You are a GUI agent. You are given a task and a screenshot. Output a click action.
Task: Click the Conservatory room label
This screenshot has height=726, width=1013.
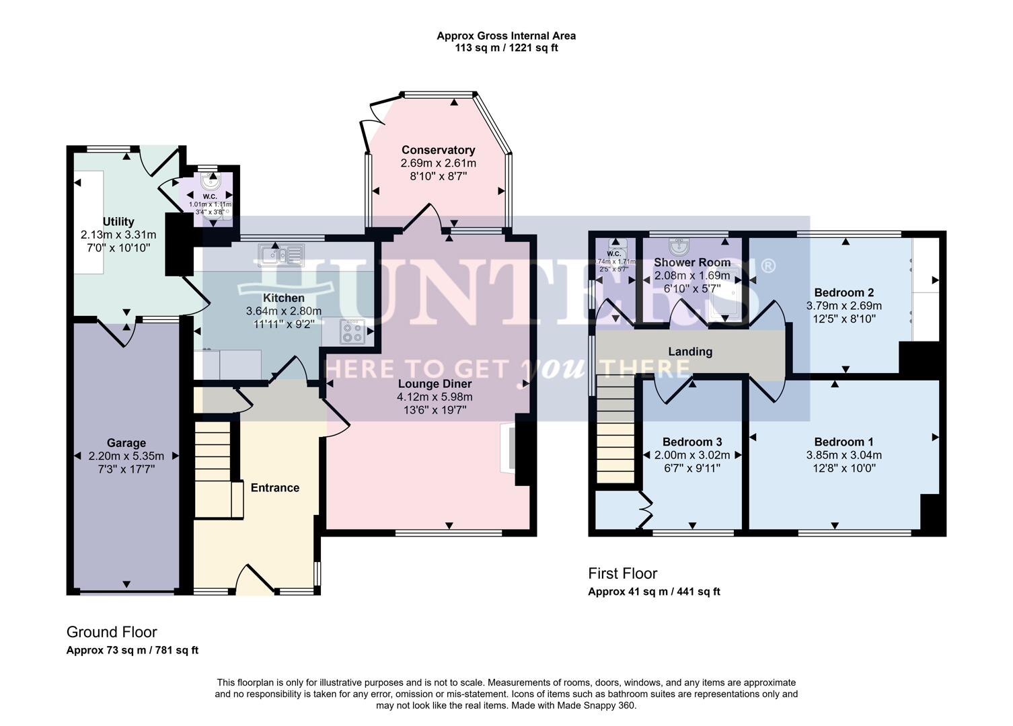pyautogui.click(x=438, y=150)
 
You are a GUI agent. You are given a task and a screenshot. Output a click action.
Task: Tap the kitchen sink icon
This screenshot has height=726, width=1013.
pyautogui.click(x=281, y=255)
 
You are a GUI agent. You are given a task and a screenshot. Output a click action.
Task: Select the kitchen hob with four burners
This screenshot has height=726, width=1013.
pyautogui.click(x=352, y=331)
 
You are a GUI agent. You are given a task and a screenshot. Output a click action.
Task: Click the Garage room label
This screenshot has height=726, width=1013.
pyautogui.click(x=126, y=443)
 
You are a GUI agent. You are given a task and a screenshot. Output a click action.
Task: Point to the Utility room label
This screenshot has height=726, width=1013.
pyautogui.click(x=118, y=222)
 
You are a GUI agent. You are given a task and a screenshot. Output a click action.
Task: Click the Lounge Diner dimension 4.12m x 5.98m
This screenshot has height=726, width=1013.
pyautogui.click(x=434, y=397)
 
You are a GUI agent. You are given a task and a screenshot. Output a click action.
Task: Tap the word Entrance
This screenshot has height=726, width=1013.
pyautogui.click(x=274, y=488)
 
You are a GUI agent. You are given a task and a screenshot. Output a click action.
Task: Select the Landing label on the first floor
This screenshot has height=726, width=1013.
pyautogui.click(x=690, y=352)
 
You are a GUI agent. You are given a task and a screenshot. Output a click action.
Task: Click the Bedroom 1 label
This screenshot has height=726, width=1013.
pyautogui.click(x=843, y=442)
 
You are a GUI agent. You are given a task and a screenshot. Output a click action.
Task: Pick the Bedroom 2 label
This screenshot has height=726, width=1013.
pyautogui.click(x=843, y=292)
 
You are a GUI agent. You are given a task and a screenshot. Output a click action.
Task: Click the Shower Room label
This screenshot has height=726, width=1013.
pyautogui.click(x=692, y=262)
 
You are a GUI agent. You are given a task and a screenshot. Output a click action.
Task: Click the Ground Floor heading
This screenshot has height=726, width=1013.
pyautogui.click(x=112, y=632)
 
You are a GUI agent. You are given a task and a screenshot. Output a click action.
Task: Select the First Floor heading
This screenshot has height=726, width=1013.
pyautogui.click(x=622, y=573)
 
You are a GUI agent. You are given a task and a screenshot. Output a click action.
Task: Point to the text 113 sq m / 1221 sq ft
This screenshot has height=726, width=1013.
pyautogui.click(x=506, y=48)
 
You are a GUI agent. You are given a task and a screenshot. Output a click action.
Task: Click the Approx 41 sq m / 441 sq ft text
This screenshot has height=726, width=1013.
pyautogui.click(x=654, y=592)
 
